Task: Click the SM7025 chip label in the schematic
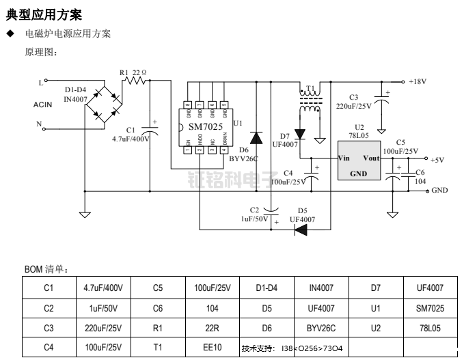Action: (205, 127)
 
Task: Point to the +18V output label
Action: (418, 81)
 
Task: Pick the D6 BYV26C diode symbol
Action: (256, 137)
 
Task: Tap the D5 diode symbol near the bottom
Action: (301, 229)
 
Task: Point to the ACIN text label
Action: (43, 105)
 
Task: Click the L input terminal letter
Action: (40, 83)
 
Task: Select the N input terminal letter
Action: (40, 124)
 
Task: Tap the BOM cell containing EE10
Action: (213, 347)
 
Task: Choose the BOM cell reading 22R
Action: (213, 328)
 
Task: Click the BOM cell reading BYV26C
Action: (321, 328)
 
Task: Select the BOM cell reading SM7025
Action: (430, 308)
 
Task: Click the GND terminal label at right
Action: (440, 191)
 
